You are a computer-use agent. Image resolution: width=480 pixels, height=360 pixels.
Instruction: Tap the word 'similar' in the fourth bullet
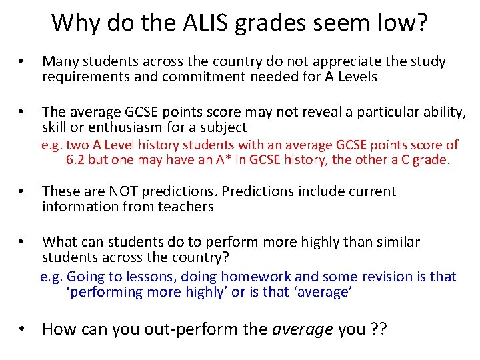click(397, 241)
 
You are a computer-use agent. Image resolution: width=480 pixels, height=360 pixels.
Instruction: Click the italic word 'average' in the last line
click(303, 329)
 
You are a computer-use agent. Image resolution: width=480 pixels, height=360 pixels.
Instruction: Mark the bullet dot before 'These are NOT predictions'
click(21, 192)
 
